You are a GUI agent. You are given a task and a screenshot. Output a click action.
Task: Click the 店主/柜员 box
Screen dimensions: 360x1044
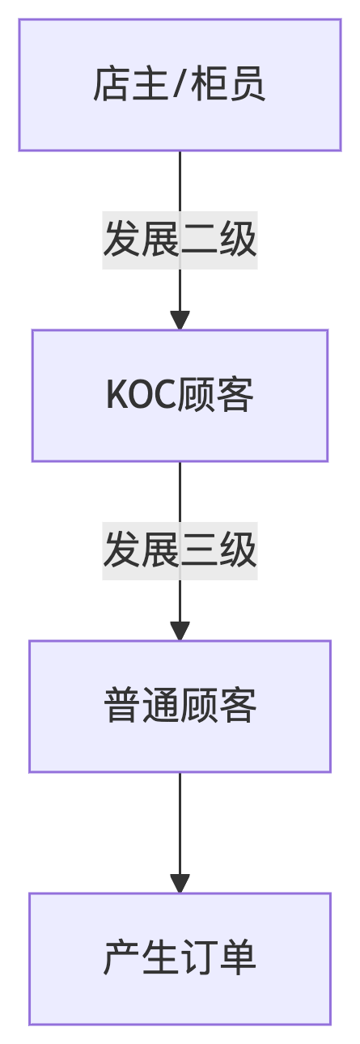click(180, 85)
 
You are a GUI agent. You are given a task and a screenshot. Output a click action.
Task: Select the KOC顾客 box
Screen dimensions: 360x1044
click(180, 396)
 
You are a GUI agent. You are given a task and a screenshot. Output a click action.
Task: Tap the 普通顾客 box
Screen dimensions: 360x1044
click(180, 707)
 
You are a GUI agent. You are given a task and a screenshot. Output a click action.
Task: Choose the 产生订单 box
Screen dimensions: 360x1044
click(180, 959)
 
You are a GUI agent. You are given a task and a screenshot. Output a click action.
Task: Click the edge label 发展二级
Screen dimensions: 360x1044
click(180, 240)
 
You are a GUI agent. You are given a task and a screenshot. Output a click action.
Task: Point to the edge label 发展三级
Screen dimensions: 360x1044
click(180, 551)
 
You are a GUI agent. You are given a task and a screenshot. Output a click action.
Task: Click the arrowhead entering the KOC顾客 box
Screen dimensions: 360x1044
click(180, 320)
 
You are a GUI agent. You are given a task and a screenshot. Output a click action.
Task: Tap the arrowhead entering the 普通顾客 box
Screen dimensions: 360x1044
click(180, 631)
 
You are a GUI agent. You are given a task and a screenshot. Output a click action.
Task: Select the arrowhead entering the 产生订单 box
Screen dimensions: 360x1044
click(180, 884)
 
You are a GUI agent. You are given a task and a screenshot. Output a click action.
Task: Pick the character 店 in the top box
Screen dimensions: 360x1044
click(112, 84)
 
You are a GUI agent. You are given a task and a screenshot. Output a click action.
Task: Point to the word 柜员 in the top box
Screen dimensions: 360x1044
click(228, 84)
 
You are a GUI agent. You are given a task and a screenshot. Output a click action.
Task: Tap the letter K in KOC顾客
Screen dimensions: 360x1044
click(116, 394)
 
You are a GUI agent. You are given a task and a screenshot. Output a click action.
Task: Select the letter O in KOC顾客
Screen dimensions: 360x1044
click(140, 394)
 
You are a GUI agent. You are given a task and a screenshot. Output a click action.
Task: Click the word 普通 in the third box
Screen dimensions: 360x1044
click(142, 705)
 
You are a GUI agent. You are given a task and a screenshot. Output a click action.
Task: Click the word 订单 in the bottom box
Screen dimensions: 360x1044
click(218, 957)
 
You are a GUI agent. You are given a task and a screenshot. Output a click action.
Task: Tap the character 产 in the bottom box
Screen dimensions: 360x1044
click(122, 957)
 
